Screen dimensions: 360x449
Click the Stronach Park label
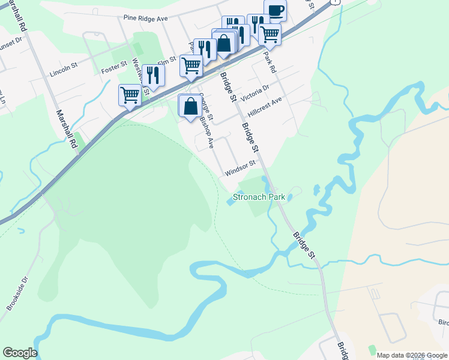(x=258, y=197)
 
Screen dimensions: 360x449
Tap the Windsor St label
(x=241, y=167)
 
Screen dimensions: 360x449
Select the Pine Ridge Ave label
(x=145, y=19)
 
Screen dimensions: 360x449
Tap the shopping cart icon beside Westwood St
(x=130, y=95)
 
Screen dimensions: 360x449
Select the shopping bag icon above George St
(x=190, y=106)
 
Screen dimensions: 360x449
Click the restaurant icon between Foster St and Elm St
(x=154, y=75)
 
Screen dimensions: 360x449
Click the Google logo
(x=20, y=353)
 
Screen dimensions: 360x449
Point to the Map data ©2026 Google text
(x=411, y=355)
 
